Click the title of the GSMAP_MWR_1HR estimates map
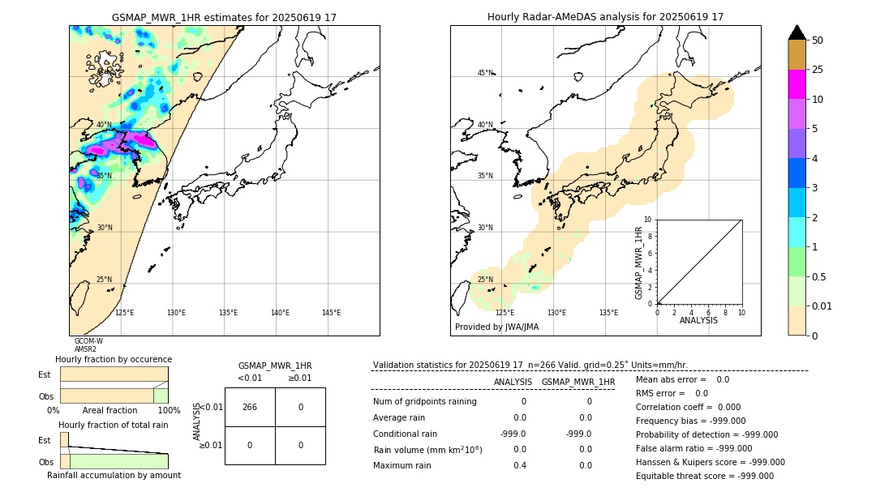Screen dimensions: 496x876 [224, 17]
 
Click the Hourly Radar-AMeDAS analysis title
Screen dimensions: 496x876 [605, 17]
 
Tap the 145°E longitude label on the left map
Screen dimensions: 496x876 [331, 313]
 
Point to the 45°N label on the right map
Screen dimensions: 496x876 [485, 73]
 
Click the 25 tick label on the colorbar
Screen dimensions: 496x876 [818, 70]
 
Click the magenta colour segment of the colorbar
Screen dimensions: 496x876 [797, 84]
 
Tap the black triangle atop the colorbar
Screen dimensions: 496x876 [797, 32]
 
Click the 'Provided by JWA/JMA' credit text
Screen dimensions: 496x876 [496, 327]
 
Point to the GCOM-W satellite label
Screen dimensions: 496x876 [88, 341]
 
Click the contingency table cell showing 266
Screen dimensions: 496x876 [250, 407]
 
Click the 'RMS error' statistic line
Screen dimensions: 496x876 [672, 393]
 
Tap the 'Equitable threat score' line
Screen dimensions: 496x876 [704, 476]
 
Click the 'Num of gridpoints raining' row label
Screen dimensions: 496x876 [424, 401]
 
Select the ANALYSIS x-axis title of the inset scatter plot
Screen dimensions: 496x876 [698, 321]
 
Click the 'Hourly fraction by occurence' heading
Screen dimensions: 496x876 [114, 359]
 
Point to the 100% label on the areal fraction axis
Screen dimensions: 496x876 [169, 411]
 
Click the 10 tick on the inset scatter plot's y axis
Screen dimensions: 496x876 [648, 220]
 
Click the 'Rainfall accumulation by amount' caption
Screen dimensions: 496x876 [120, 475]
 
